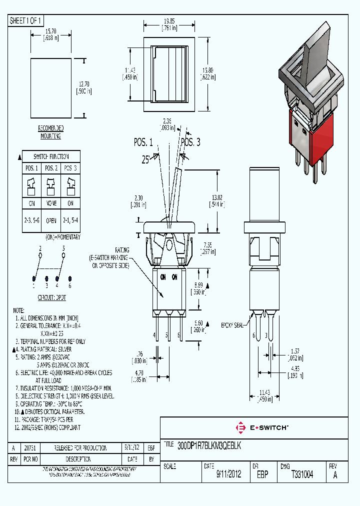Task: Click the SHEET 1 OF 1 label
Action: coord(26,20)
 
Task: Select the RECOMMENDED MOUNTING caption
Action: coord(50,132)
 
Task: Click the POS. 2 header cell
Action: coord(51,168)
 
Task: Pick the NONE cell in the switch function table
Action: coord(51,203)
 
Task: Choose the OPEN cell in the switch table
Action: coord(51,219)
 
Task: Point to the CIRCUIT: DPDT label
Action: coord(52,297)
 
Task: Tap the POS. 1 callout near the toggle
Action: coord(143,142)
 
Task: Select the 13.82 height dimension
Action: coord(217,201)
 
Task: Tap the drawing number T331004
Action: coord(302,474)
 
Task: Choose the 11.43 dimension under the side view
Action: coord(265,396)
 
